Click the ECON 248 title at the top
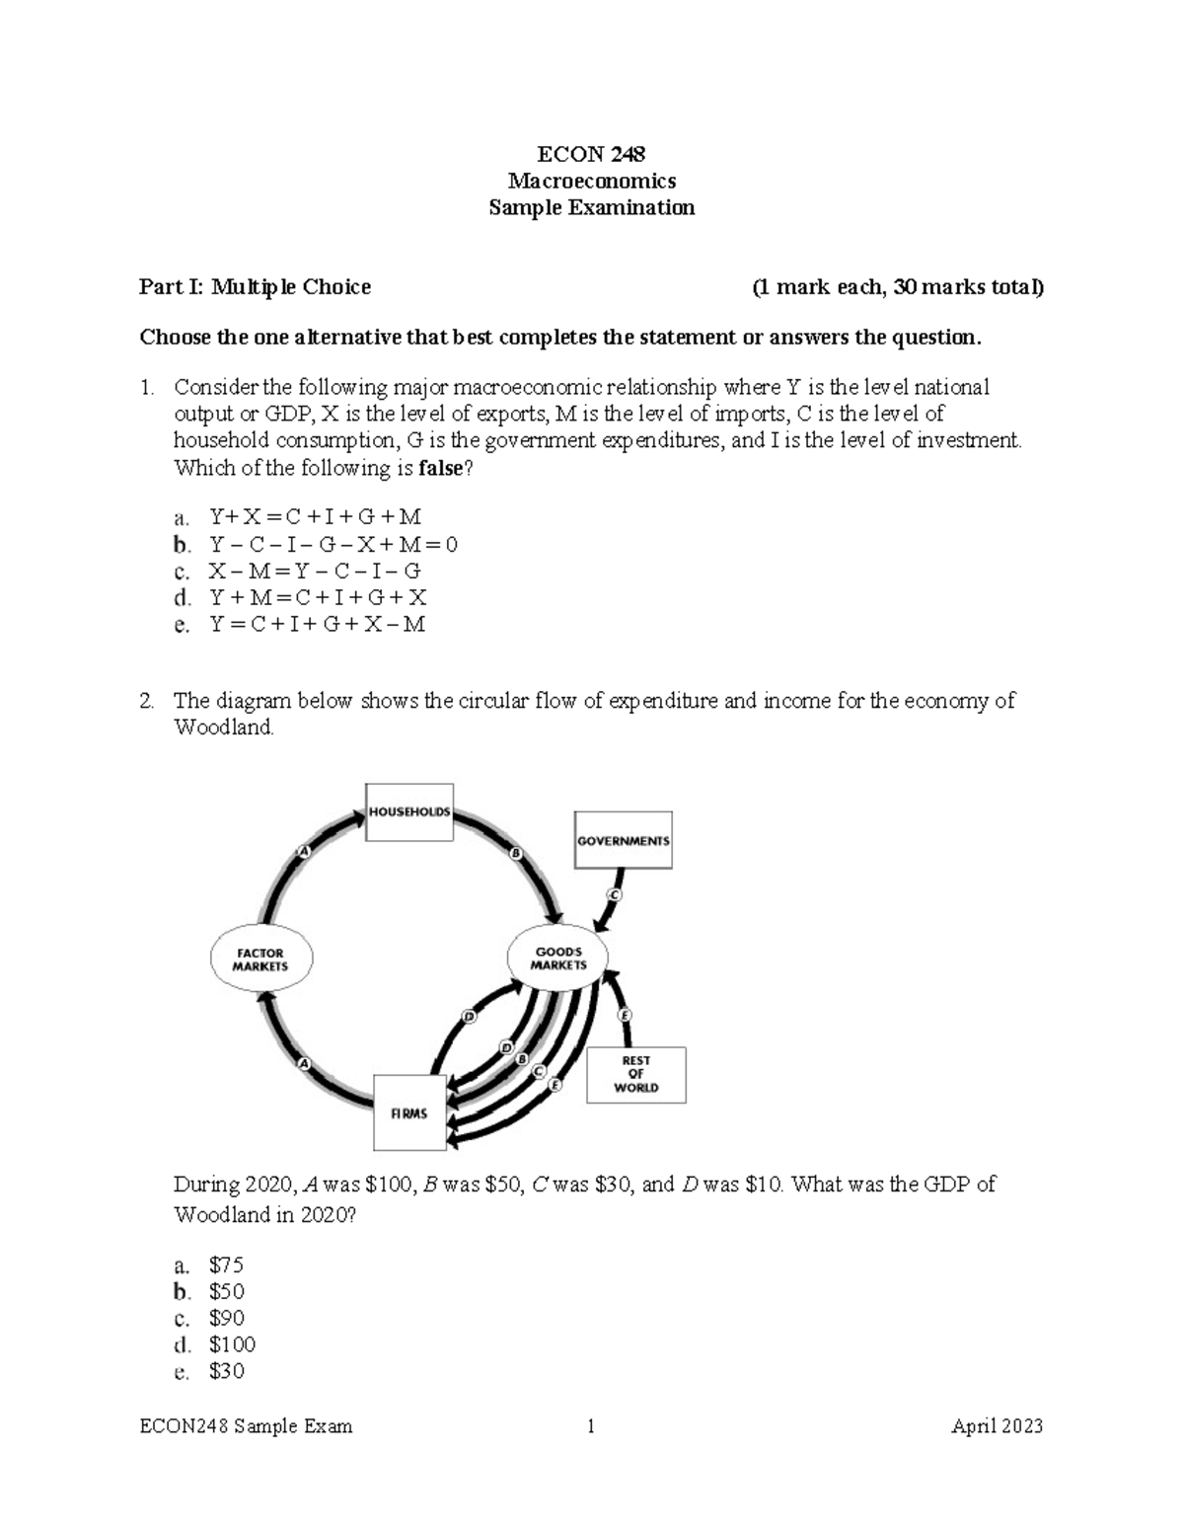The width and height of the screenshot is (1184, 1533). [591, 154]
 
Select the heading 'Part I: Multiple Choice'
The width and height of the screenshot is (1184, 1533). [255, 287]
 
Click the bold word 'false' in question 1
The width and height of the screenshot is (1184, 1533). [440, 468]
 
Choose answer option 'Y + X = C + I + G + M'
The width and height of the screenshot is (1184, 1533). [315, 517]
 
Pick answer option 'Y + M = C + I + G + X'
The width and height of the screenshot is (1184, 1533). [317, 597]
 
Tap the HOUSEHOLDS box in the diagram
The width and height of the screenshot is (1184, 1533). [409, 812]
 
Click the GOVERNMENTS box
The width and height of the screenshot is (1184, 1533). [623, 841]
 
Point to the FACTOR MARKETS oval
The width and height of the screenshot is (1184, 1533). [261, 959]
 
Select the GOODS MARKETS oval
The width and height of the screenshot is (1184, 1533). [557, 958]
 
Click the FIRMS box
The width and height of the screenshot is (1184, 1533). [409, 1113]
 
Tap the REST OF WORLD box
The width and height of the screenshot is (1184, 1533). [635, 1074]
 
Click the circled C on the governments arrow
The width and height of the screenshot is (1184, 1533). [613, 895]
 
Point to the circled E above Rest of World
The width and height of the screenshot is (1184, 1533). [624, 1015]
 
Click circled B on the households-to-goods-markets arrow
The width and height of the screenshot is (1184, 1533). [515, 853]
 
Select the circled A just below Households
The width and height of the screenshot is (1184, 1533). [303, 851]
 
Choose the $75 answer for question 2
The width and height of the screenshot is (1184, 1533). [226, 1265]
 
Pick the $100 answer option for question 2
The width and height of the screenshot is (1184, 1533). [232, 1344]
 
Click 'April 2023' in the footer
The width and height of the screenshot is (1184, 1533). [997, 1426]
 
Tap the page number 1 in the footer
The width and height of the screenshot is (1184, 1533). [591, 1426]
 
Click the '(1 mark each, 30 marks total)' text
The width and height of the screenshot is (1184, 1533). [897, 287]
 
